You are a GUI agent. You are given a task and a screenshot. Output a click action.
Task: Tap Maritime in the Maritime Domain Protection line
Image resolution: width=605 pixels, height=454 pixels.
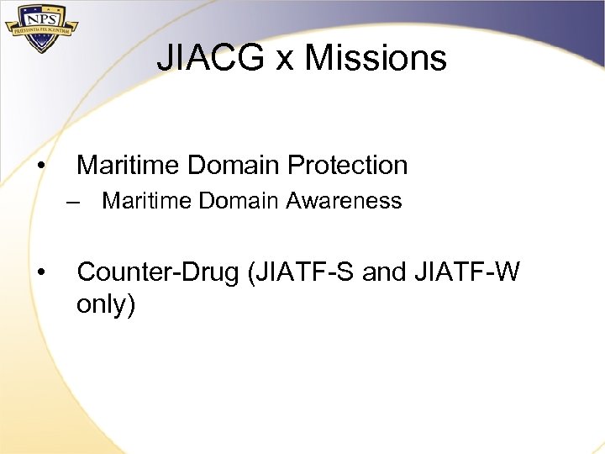129,166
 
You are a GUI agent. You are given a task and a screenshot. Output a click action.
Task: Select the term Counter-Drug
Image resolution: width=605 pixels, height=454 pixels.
157,272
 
